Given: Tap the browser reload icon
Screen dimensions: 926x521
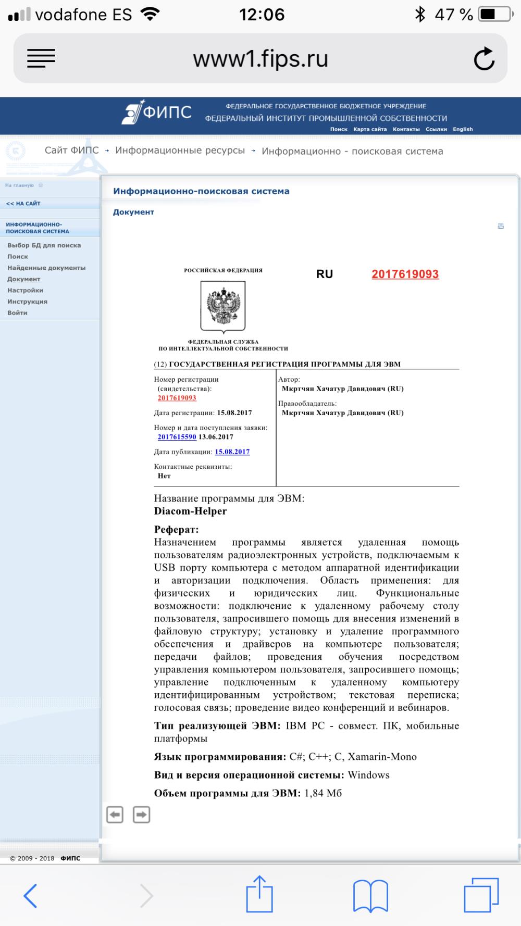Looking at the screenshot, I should [484, 58].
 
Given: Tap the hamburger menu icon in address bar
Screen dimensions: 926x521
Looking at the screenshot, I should [41, 58].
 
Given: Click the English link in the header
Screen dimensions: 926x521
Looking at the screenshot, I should [463, 129].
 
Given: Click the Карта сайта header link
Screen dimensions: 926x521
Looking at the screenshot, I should [370, 129].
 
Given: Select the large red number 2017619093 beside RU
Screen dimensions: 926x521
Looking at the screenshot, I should [405, 274].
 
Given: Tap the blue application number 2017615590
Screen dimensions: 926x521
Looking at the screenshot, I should [177, 437].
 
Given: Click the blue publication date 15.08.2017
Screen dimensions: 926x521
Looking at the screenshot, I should [232, 452].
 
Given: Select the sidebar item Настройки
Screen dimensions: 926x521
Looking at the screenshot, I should [25, 290].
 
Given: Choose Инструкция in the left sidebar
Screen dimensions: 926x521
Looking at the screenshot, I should [27, 302].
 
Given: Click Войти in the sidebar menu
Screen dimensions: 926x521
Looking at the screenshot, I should [17, 313].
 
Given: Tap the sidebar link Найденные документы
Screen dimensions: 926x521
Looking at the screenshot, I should [46, 268].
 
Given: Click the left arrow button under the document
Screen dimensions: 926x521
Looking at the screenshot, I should [115, 814].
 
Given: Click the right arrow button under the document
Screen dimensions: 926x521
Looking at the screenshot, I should [141, 814].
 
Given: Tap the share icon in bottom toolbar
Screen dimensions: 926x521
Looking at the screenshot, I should [259, 894].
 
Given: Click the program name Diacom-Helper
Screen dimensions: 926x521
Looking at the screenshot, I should [190, 511].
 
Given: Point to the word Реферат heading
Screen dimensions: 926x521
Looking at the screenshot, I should [176, 530].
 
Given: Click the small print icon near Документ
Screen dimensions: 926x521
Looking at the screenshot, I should [501, 226].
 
